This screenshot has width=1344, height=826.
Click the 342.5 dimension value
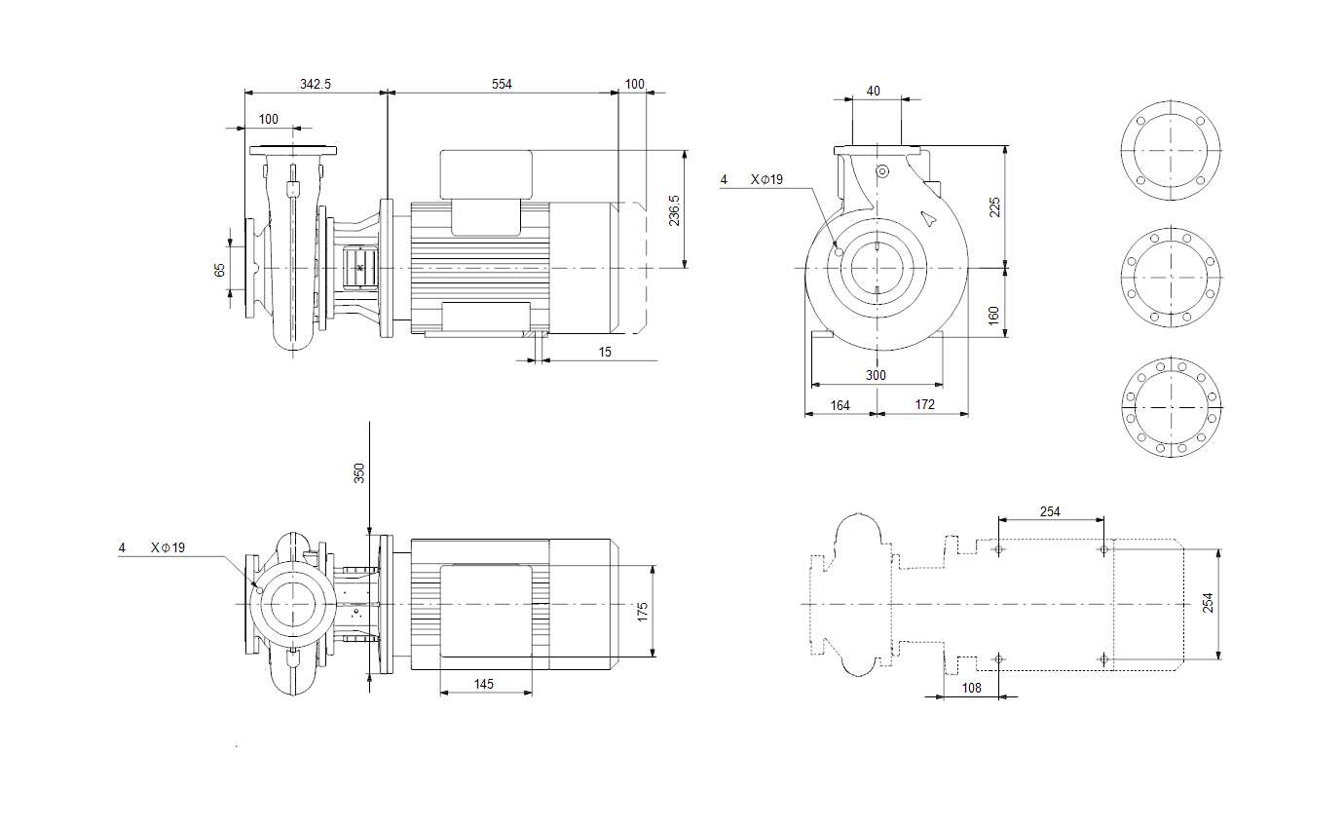coord(315,84)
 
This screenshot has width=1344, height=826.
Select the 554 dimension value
coord(502,84)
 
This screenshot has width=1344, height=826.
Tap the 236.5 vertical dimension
coord(674,210)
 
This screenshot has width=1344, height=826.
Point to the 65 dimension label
coord(219,270)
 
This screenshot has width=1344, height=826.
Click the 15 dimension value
coord(605,352)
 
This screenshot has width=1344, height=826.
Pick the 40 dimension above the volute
coord(873,91)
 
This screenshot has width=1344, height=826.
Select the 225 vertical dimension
coord(994,207)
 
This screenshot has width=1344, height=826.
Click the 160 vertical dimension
coord(993,316)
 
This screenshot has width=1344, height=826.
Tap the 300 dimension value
coord(876,375)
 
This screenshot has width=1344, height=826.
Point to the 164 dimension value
coord(840,406)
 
